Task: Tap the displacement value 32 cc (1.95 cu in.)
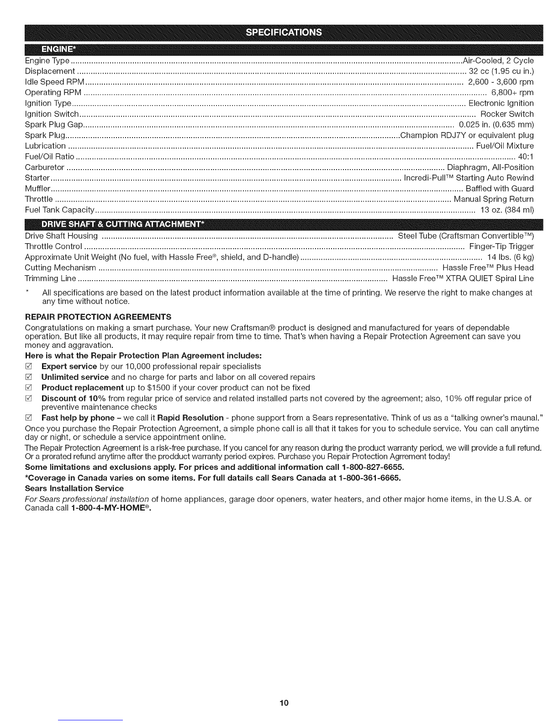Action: pyautogui.click(x=501, y=71)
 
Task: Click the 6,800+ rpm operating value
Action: pyautogui.click(x=512, y=92)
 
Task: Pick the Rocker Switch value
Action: pyautogui.click(x=507, y=114)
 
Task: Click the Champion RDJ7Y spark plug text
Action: pyautogui.click(x=467, y=135)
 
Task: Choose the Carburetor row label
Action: pyautogui.click(x=44, y=167)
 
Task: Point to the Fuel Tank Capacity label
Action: pyautogui.click(x=59, y=210)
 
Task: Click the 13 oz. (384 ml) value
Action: pyautogui.click(x=507, y=210)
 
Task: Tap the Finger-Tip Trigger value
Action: pyautogui.click(x=501, y=246)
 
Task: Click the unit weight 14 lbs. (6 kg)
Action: pyautogui.click(x=511, y=257)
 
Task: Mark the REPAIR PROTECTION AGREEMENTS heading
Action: pyautogui.click(x=98, y=317)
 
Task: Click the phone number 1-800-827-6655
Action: pyautogui.click(x=373, y=467)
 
